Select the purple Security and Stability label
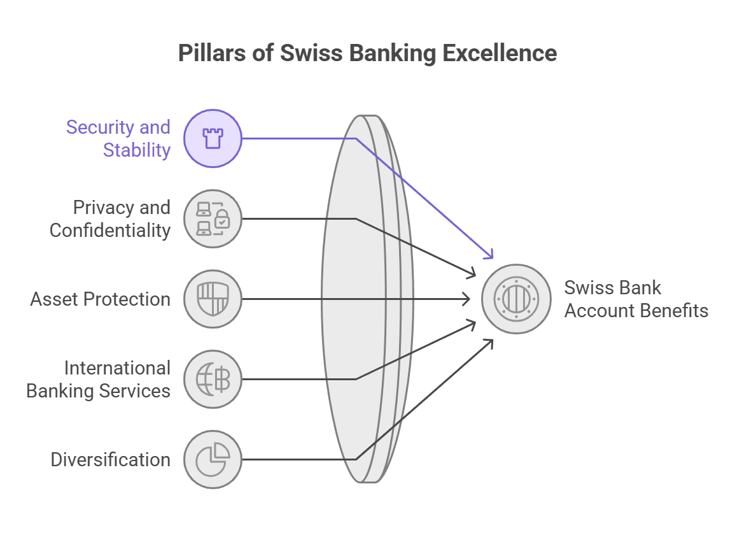[x=119, y=138]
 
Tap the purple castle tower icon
[x=213, y=138]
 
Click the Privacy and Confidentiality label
[x=111, y=218]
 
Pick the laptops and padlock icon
[x=213, y=218]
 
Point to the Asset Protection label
[x=101, y=299]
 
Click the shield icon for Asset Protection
[x=213, y=299]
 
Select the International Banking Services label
[x=99, y=379]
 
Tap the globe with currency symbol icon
[x=213, y=379]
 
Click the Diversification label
[x=111, y=459]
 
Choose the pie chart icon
[x=213, y=459]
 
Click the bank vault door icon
[x=516, y=299]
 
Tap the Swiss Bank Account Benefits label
[x=636, y=299]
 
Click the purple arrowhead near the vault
[x=489, y=255]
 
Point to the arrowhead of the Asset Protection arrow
[x=467, y=299]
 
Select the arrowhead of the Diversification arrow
[x=489, y=343]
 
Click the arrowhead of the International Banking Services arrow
[x=472, y=324]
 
